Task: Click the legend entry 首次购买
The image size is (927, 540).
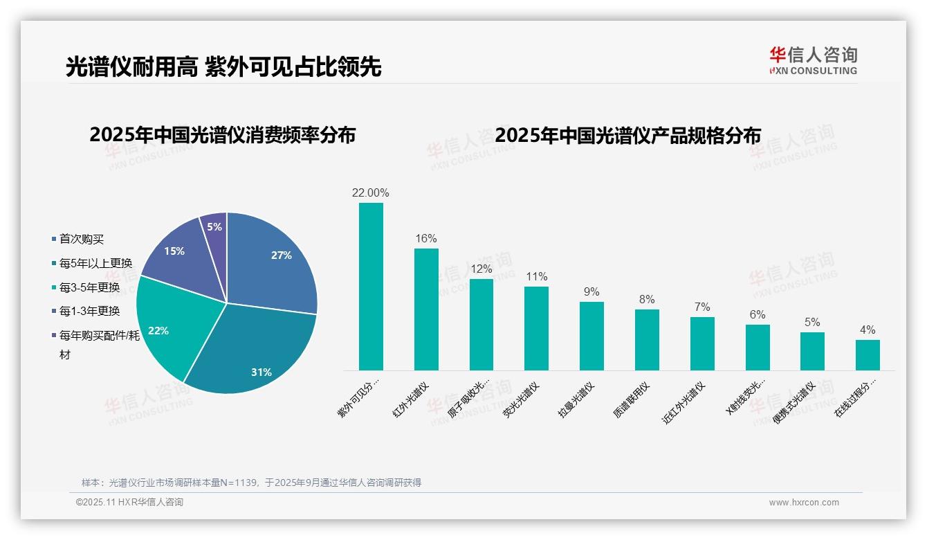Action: [x=82, y=239]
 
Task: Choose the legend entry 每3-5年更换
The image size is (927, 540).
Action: [x=89, y=287]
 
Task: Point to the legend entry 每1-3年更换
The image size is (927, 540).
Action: [x=89, y=311]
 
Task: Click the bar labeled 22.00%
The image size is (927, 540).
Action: [x=371, y=287]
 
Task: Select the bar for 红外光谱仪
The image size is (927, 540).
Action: [x=426, y=309]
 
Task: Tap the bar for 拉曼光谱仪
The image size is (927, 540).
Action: [x=591, y=336]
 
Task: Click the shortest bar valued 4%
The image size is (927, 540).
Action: [x=868, y=354]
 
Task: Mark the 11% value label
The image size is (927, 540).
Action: [x=536, y=277]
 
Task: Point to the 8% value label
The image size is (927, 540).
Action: [x=647, y=300]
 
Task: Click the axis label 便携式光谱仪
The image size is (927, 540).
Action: [x=796, y=403]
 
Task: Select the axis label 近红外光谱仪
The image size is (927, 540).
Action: [x=685, y=403]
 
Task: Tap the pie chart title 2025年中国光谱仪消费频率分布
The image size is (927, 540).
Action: [x=222, y=135]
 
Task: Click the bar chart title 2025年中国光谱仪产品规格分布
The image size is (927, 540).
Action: [x=627, y=135]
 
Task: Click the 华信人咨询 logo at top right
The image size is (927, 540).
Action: [x=813, y=60]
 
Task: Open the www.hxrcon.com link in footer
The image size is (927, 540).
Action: [x=804, y=503]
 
